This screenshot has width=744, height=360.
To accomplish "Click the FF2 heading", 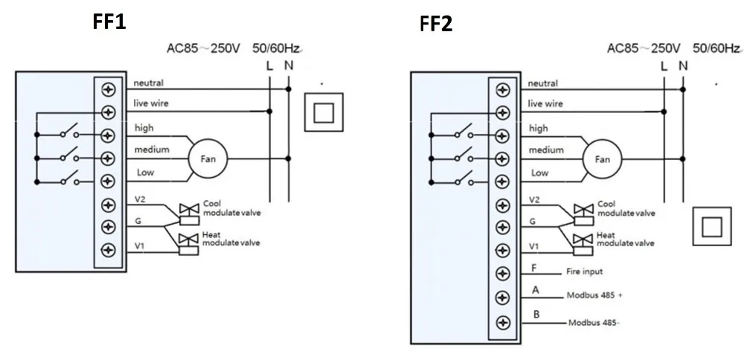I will [435, 25].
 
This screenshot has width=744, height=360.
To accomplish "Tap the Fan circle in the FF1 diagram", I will [208, 158].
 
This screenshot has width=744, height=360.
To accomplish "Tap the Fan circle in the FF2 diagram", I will [602, 158].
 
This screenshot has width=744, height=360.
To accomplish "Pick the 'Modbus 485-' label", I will [595, 323].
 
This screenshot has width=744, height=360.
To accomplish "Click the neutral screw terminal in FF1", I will [109, 89].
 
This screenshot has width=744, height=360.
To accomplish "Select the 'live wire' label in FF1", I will [150, 103].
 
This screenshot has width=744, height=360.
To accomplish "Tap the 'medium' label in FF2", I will [545, 150].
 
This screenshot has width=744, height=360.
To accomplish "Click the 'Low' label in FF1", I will [146, 173].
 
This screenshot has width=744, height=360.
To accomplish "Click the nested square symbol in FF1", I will [324, 112].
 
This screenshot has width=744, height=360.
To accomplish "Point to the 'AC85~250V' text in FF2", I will [644, 49].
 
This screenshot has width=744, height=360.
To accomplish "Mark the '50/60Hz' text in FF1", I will [278, 49].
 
